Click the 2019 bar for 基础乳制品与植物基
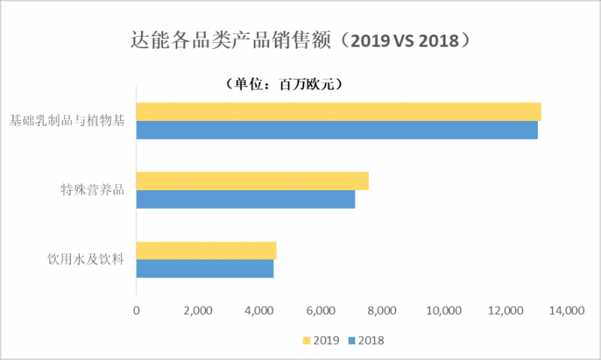pos(338,111)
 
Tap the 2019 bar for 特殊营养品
pos(252,181)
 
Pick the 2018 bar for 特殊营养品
pos(246,199)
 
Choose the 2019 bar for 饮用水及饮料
pos(206,250)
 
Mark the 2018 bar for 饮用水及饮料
pos(204,268)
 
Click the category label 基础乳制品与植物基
pos(67,119)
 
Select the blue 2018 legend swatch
pos(352,340)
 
